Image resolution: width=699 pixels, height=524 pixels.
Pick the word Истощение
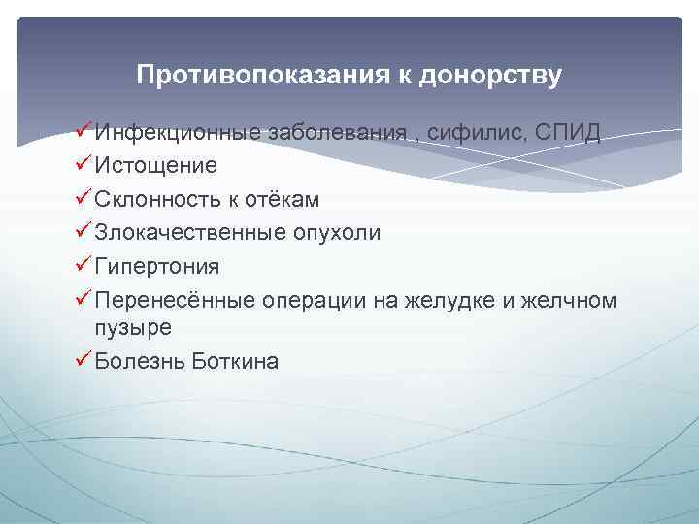click(155, 166)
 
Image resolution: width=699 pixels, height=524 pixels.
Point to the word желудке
click(455, 301)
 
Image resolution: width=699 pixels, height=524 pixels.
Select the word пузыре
click(133, 328)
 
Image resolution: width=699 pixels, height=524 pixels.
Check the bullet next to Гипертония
click(83, 265)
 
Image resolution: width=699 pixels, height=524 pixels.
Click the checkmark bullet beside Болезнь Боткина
click(83, 362)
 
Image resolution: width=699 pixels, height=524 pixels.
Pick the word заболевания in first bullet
click(337, 133)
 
